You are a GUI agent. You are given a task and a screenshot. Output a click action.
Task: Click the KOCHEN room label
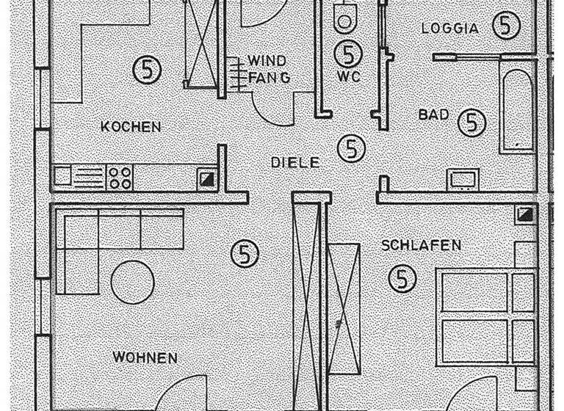coord(131,127)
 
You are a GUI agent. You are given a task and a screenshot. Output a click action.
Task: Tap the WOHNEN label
coord(145,358)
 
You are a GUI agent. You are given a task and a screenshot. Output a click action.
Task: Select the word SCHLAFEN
coord(421,245)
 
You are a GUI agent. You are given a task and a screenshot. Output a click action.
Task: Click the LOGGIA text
coord(449,29)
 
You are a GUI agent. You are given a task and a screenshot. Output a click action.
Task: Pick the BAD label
coord(433,115)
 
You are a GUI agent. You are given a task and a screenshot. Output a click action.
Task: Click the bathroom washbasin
coord(463,180)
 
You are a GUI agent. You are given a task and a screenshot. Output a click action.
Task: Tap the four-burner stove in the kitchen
coord(120,177)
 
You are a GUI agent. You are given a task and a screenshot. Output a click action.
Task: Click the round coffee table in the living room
coord(133,282)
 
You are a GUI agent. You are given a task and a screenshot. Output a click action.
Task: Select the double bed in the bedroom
coord(485,316)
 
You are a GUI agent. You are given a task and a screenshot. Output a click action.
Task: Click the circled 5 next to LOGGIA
coord(505,26)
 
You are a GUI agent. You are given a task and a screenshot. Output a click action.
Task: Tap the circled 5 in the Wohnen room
coord(245,255)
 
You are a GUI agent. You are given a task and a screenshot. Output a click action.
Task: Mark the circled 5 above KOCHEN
coord(147,70)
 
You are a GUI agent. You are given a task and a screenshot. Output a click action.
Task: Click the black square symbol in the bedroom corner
coord(525,214)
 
